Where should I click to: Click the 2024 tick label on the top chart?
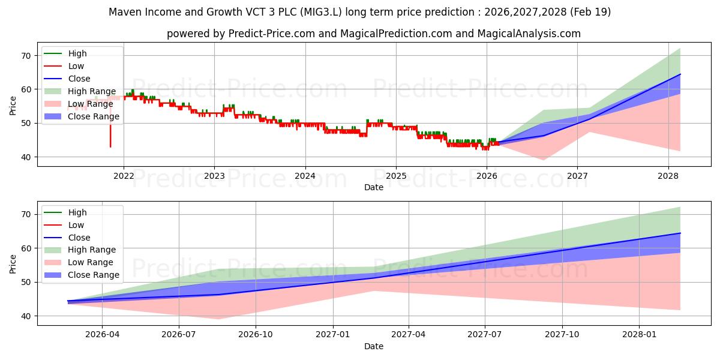pos(305,176)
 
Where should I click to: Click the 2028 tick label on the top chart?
pos(668,176)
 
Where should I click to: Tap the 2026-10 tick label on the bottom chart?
pos(256,335)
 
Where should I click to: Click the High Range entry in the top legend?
pos(92,91)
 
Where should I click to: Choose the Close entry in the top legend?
pos(79,79)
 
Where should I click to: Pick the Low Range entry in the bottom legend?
pos(90,262)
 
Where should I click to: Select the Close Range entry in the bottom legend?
pos(94,275)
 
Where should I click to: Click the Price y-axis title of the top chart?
pos(13,106)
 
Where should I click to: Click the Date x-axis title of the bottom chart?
pos(373,346)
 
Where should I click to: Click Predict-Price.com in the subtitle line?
pos(271,34)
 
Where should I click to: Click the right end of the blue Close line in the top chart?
pos(680,74)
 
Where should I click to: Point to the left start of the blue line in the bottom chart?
pos(68,301)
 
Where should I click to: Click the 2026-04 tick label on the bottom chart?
pos(102,335)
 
